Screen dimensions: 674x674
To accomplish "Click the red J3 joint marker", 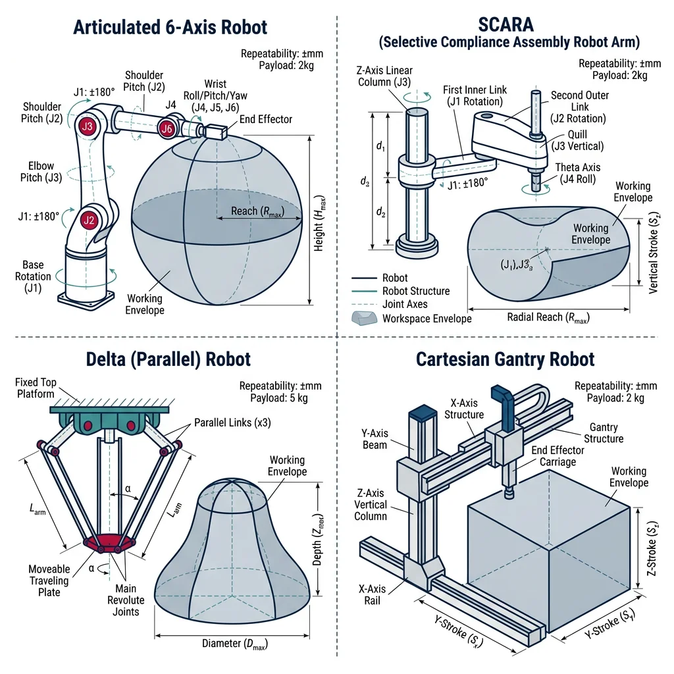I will point(88,126).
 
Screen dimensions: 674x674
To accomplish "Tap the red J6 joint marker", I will point(168,129).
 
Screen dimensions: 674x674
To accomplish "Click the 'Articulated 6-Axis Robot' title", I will point(170,27).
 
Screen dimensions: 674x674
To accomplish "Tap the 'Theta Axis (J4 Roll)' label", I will point(577,173).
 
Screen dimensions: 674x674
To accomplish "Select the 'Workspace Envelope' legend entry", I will point(427,319).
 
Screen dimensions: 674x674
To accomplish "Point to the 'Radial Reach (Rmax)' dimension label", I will point(548,317).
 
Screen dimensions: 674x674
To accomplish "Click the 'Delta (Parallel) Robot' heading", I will point(168,359).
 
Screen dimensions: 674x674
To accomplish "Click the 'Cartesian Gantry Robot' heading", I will point(505,359).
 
